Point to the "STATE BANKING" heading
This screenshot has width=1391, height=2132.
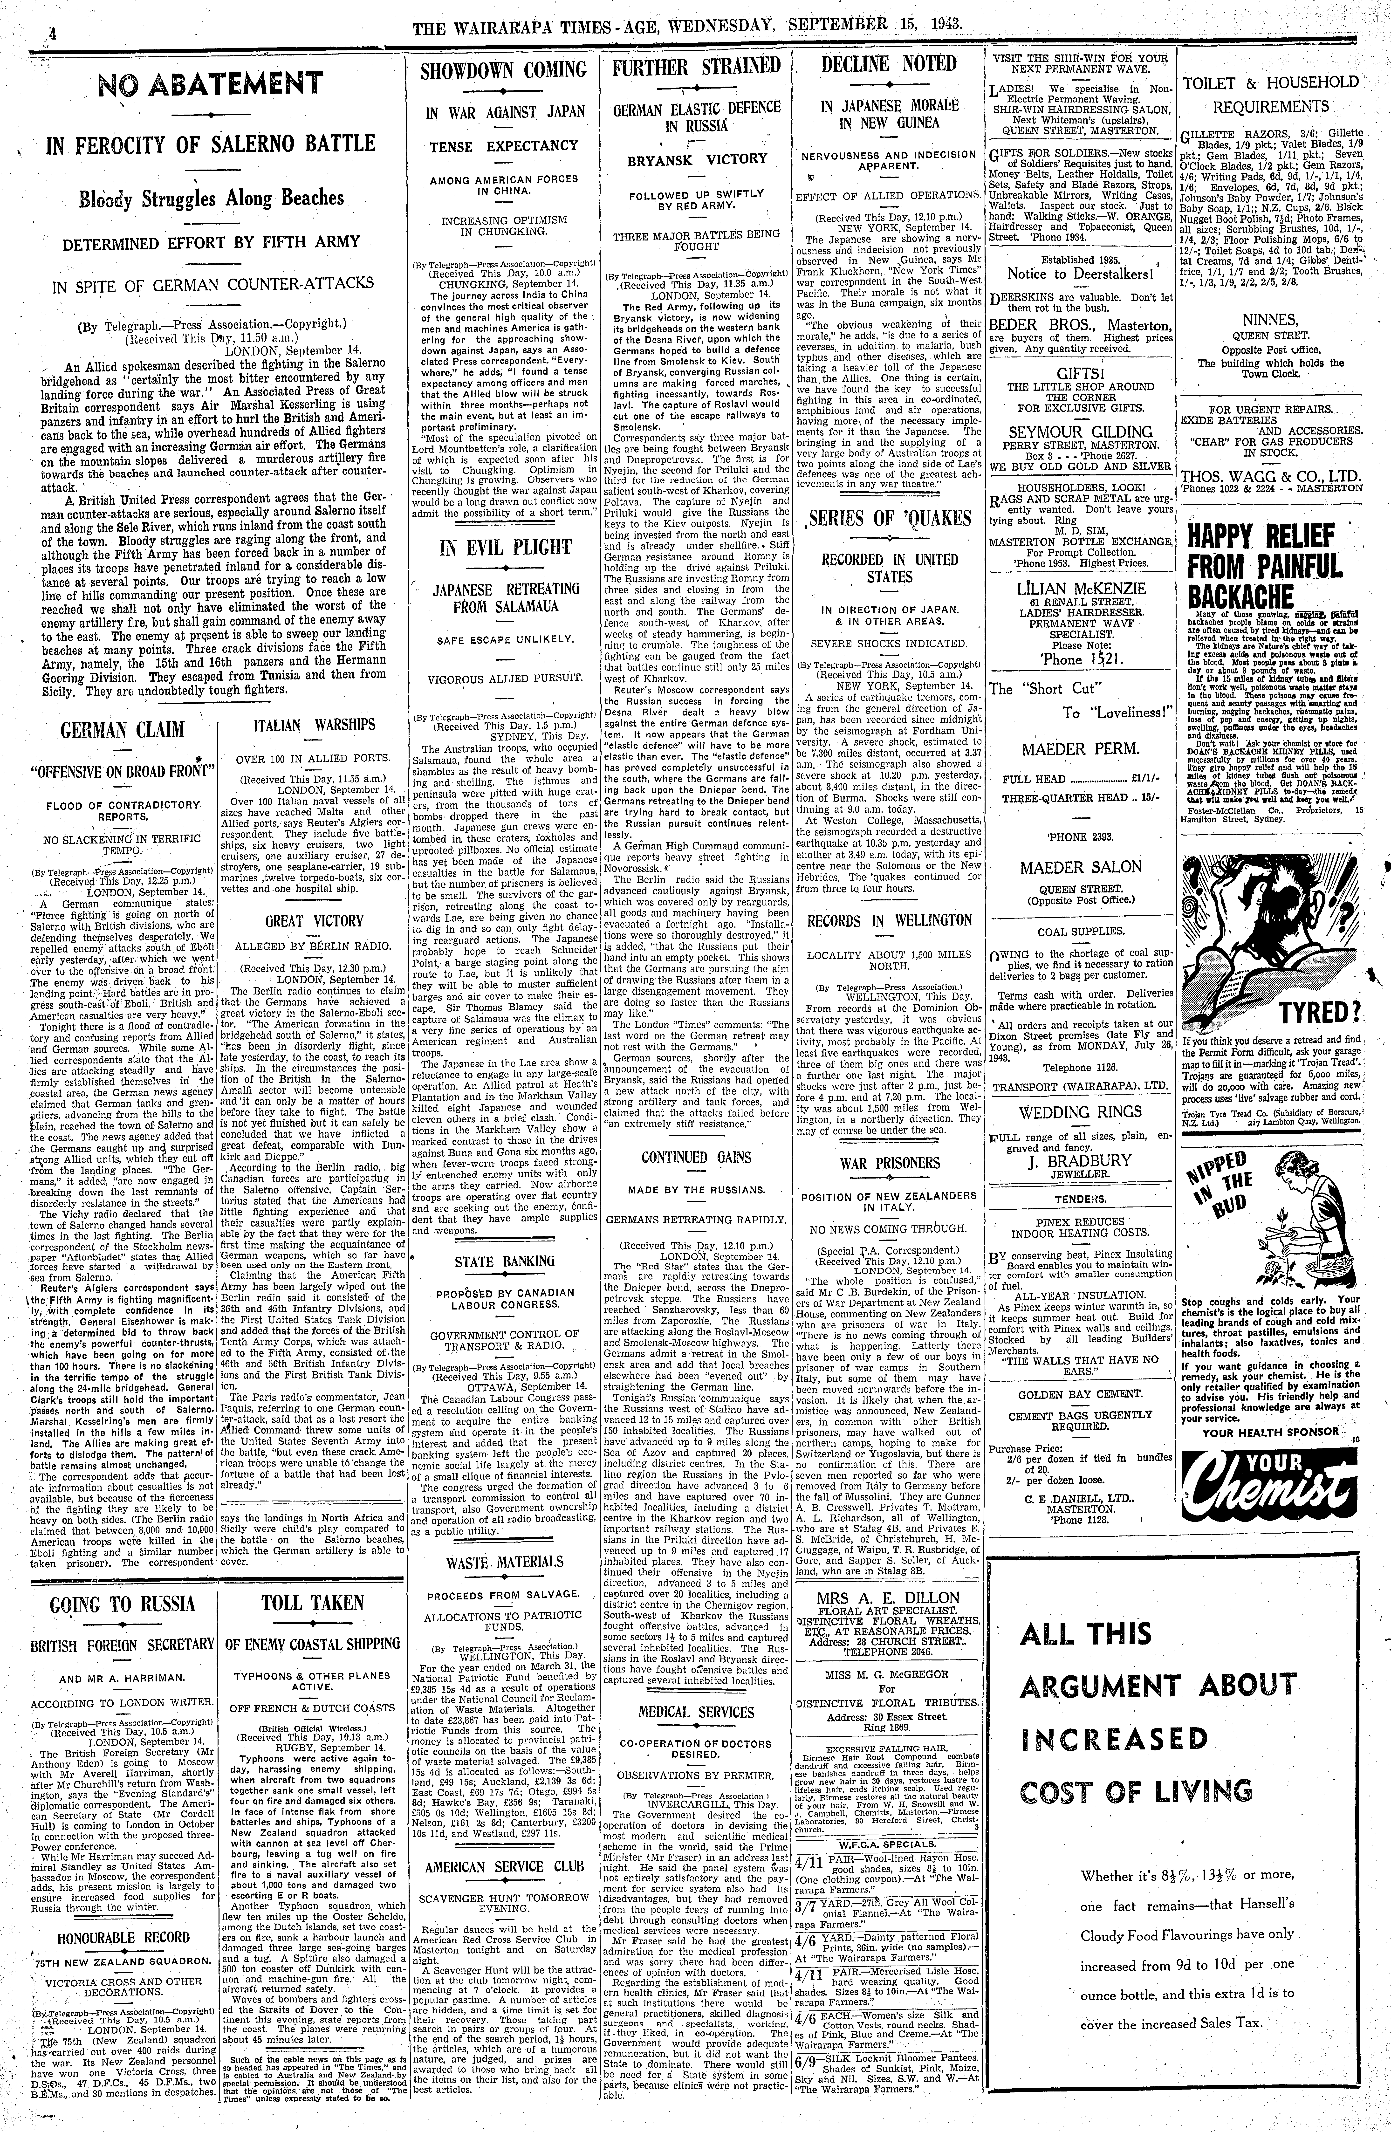click(x=504, y=1262)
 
